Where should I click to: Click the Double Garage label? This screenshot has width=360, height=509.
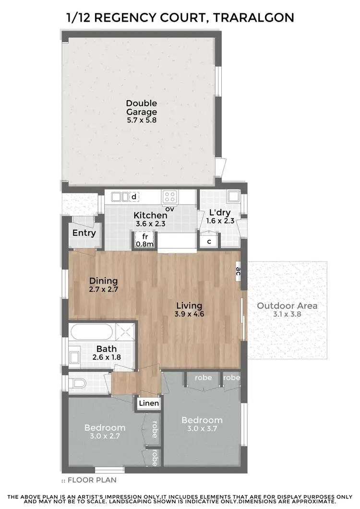point(142,107)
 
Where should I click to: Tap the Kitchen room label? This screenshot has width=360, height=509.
point(150,215)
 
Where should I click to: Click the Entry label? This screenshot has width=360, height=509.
point(84,233)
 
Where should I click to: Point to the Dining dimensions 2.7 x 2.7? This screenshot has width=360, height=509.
point(103,290)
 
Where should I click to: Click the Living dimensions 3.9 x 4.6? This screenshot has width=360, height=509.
point(189,314)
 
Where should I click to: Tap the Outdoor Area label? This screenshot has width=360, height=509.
point(287,306)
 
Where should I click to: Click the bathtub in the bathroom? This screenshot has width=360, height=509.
point(92,331)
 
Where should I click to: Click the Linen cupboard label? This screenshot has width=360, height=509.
point(149,403)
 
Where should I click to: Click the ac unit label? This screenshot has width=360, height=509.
point(238,271)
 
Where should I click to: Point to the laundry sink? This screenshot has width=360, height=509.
point(233,196)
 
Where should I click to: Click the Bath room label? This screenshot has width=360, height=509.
point(106,349)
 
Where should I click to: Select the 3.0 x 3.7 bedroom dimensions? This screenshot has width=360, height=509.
point(202,428)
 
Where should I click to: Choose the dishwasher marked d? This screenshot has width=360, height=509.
point(134,196)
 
